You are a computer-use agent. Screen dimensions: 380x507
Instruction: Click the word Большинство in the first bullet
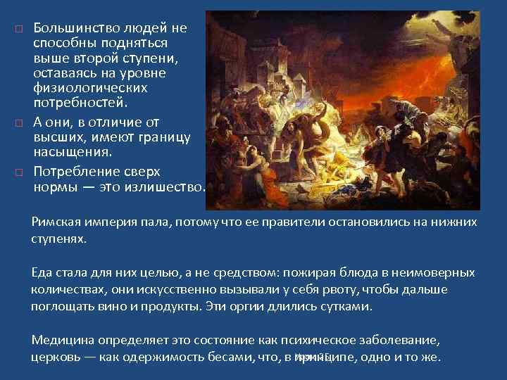click(73, 28)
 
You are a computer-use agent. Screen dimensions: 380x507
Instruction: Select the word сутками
click(346, 307)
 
